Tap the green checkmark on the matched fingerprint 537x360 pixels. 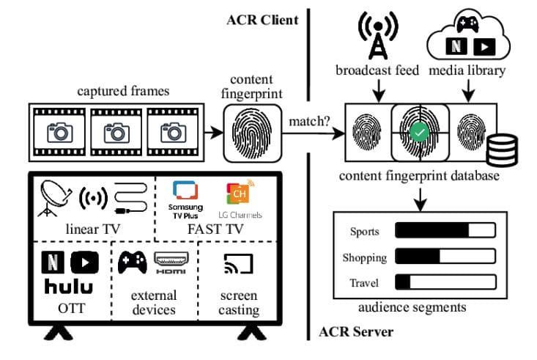(x=419, y=133)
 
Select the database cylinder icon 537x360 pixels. (x=502, y=150)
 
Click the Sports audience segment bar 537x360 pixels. (x=445, y=231)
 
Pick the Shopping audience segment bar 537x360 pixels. (x=445, y=257)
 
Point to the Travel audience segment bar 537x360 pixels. (x=445, y=282)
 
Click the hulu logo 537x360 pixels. (x=70, y=286)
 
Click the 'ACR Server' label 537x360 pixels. (x=356, y=331)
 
